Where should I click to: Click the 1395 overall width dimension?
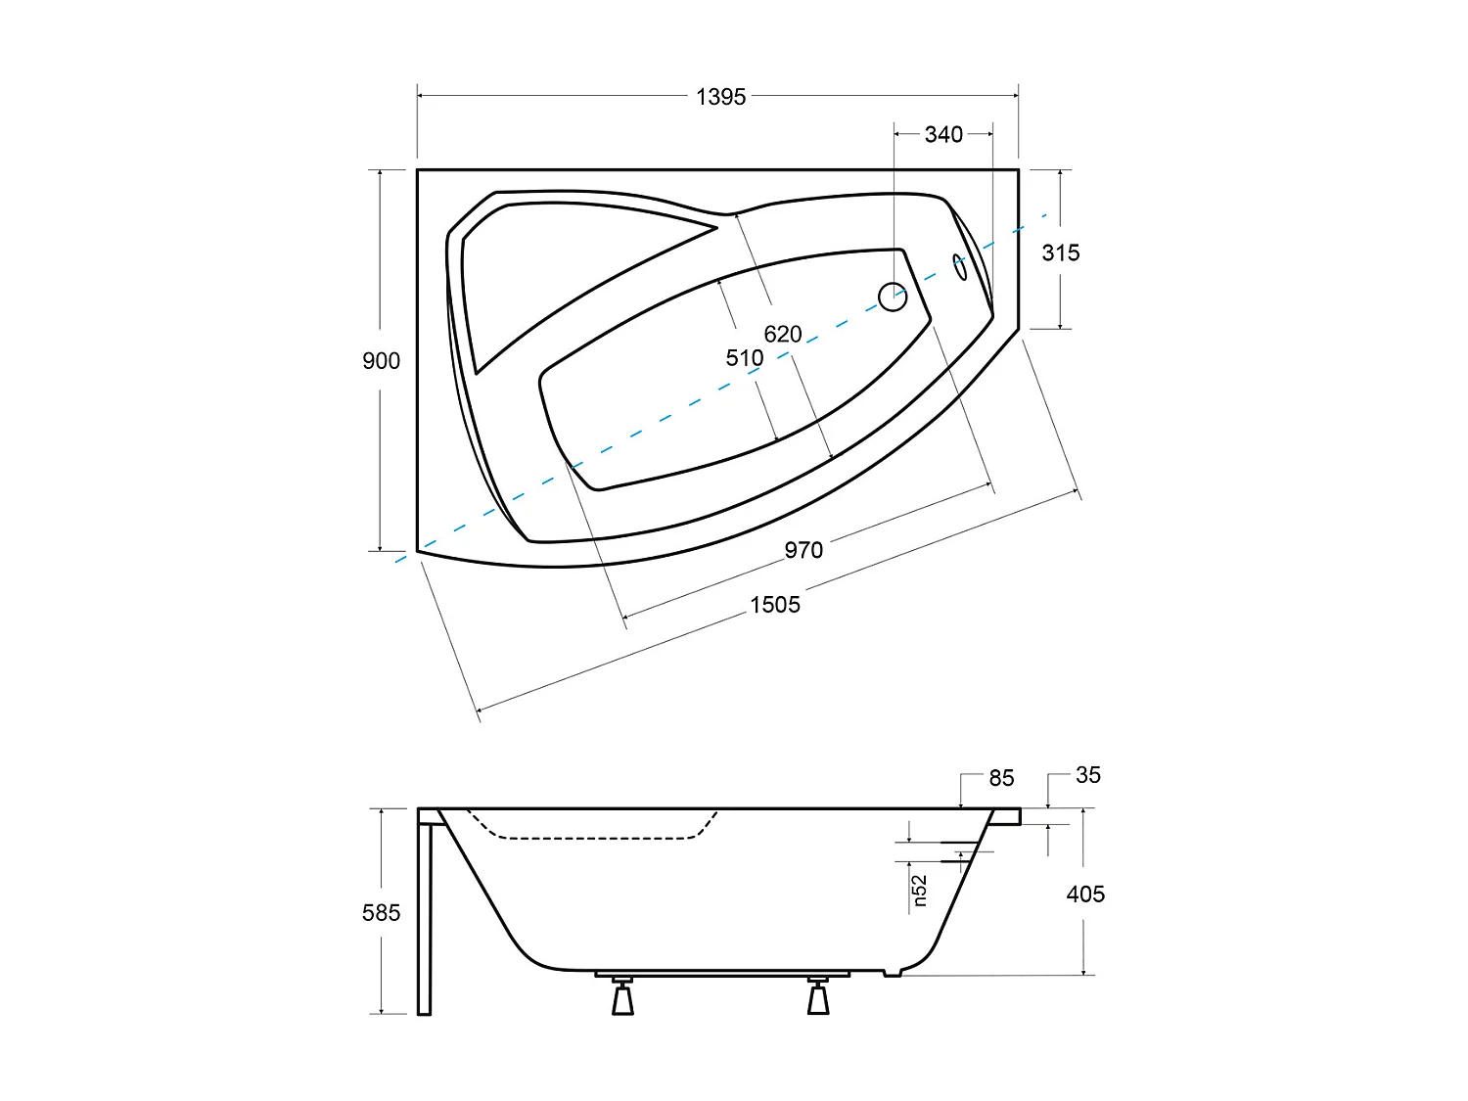tap(720, 96)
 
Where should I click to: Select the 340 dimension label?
tap(943, 134)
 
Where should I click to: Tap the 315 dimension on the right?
tap(1060, 252)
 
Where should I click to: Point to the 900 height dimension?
tap(381, 361)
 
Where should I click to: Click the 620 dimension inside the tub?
tap(783, 334)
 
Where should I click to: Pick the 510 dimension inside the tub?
tap(744, 358)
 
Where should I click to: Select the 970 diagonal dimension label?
tap(803, 550)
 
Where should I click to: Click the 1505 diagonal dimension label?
tap(775, 605)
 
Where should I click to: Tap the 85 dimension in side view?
tap(1001, 778)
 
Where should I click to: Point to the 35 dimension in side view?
tap(1087, 775)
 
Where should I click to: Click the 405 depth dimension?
tap(1085, 894)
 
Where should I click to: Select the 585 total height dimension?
tap(381, 913)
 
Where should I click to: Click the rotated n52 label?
tap(919, 891)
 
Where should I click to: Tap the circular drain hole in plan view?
tap(893, 297)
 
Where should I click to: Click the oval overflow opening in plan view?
tap(961, 267)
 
